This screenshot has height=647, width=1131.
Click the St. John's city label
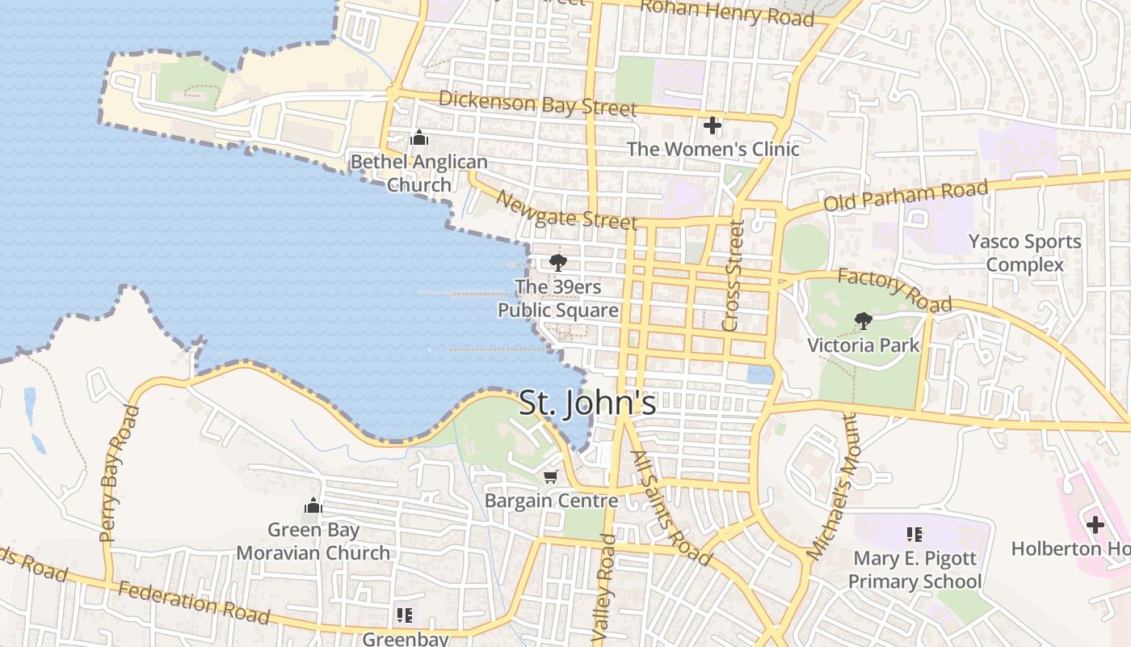(587, 403)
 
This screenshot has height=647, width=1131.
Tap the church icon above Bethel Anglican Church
(418, 138)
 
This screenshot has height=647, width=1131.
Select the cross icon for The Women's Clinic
(712, 125)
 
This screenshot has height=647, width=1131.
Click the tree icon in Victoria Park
(863, 321)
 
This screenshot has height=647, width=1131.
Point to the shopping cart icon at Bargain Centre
(551, 476)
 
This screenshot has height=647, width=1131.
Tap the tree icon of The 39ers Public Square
(557, 262)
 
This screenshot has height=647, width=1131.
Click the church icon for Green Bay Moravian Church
(313, 506)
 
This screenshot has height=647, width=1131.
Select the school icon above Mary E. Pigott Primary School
(914, 534)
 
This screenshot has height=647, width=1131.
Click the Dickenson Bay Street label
(538, 104)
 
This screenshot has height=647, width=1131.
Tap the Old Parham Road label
(905, 197)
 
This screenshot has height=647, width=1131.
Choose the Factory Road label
(894, 290)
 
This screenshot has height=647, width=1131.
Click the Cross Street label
(734, 277)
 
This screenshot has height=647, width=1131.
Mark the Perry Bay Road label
(120, 474)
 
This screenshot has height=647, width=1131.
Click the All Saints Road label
(671, 508)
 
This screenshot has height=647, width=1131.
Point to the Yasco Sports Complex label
(1024, 253)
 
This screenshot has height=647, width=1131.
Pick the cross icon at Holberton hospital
(1095, 525)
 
